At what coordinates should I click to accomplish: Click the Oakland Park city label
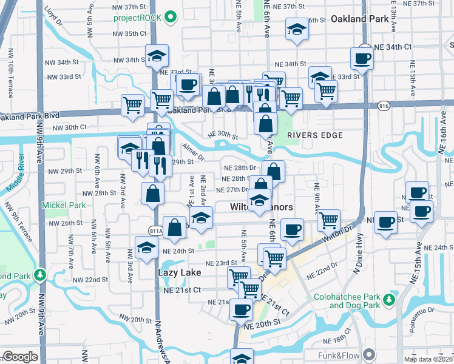coord(359,19)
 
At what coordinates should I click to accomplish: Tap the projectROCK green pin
coord(171,17)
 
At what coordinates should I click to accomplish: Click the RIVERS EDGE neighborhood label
coord(311,135)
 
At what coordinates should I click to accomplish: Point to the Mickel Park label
coord(64,206)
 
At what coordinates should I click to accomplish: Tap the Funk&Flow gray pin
coord(368,354)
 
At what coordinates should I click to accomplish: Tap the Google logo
coord(19,357)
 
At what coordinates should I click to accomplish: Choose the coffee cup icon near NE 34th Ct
coord(362,59)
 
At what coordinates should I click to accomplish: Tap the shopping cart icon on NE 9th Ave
coord(328,220)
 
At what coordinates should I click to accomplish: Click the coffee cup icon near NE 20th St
coord(241,309)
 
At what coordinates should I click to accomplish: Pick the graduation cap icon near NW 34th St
coord(156,56)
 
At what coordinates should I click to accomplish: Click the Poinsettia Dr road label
coord(429,320)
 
